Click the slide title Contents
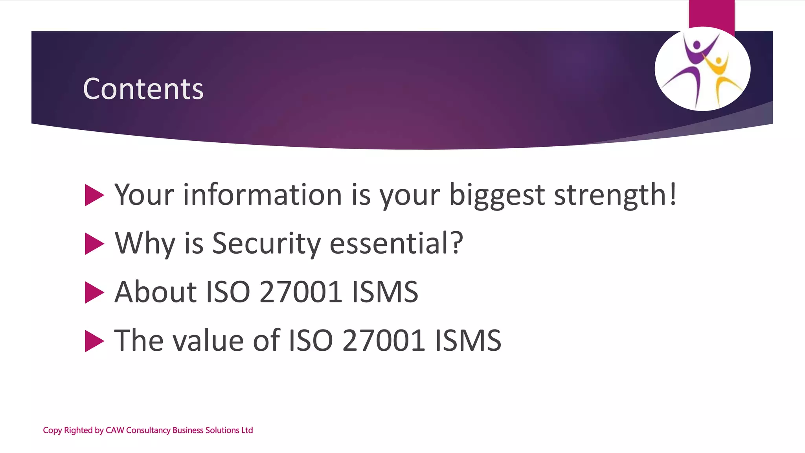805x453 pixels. (x=143, y=89)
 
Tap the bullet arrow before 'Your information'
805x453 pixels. (x=94, y=195)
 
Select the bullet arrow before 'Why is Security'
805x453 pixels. (x=94, y=244)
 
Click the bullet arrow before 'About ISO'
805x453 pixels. (x=94, y=293)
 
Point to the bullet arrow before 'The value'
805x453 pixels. (x=94, y=341)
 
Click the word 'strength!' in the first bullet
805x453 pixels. (x=615, y=195)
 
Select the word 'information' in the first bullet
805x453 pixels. (x=263, y=194)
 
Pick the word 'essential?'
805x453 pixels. (x=396, y=243)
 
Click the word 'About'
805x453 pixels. (x=155, y=292)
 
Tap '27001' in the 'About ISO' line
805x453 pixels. (x=300, y=292)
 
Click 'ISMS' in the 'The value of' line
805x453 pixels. (x=468, y=341)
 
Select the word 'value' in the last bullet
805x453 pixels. (x=208, y=341)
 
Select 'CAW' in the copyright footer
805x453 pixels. (x=115, y=430)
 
